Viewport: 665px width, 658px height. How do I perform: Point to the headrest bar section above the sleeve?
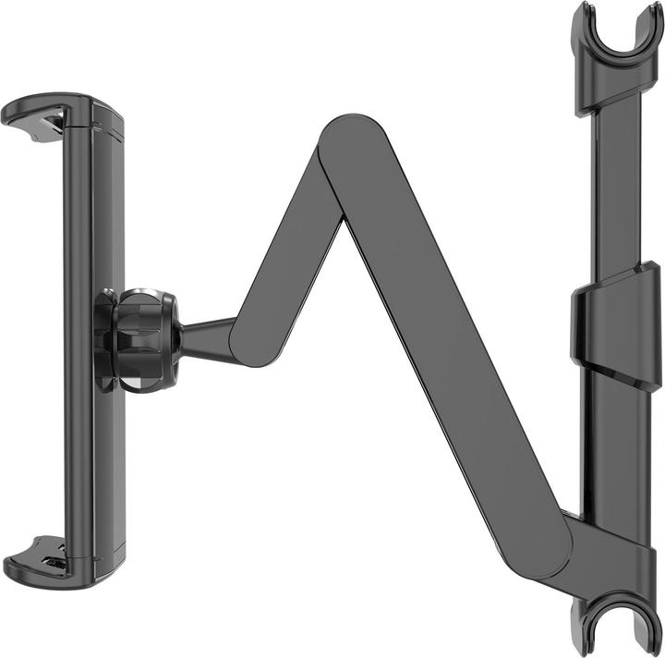tap(609, 185)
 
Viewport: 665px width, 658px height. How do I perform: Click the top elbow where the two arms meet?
tap(346, 148)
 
